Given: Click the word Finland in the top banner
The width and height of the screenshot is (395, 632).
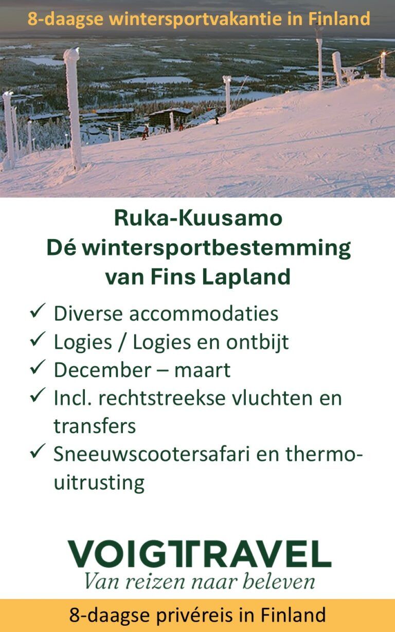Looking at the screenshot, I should [x=339, y=19].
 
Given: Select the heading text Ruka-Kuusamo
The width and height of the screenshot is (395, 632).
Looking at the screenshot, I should [x=198, y=218].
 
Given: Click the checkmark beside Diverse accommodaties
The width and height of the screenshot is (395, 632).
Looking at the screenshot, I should [x=38, y=312].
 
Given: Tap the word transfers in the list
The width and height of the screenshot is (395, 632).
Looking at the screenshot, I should [x=94, y=426].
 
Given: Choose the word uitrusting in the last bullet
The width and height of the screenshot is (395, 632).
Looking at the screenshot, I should [x=99, y=482].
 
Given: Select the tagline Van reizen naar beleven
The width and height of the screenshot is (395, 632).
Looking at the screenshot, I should [x=199, y=581].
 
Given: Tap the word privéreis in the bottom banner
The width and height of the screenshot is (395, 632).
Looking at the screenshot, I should [x=191, y=615].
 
